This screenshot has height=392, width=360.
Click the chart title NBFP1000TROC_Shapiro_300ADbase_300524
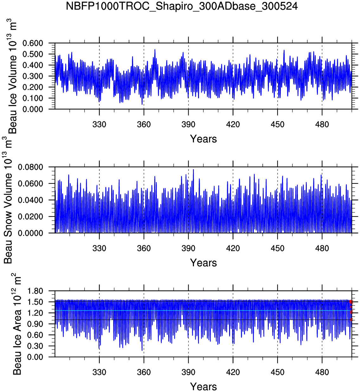182,6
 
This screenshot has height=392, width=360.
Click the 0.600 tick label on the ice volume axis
33,43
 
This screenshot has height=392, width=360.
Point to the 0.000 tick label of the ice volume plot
33,109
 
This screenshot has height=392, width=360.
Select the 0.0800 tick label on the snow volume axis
30,167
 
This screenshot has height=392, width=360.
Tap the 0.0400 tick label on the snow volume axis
30,200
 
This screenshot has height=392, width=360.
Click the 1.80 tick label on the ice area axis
35,291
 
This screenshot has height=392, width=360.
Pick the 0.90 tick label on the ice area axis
35,324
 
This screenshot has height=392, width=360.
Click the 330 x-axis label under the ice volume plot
99,125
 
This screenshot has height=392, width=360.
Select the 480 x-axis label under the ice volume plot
322,125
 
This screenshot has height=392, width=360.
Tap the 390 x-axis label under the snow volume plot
188,248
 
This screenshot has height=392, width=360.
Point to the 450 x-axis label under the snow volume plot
277,248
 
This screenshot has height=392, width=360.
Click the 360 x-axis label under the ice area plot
144,372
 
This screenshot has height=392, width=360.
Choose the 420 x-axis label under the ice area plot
233,372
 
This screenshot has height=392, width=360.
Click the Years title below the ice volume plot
203,139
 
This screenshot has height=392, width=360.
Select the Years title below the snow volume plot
203,263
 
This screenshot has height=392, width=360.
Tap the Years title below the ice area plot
203,387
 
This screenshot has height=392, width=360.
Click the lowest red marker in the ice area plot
351,320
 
